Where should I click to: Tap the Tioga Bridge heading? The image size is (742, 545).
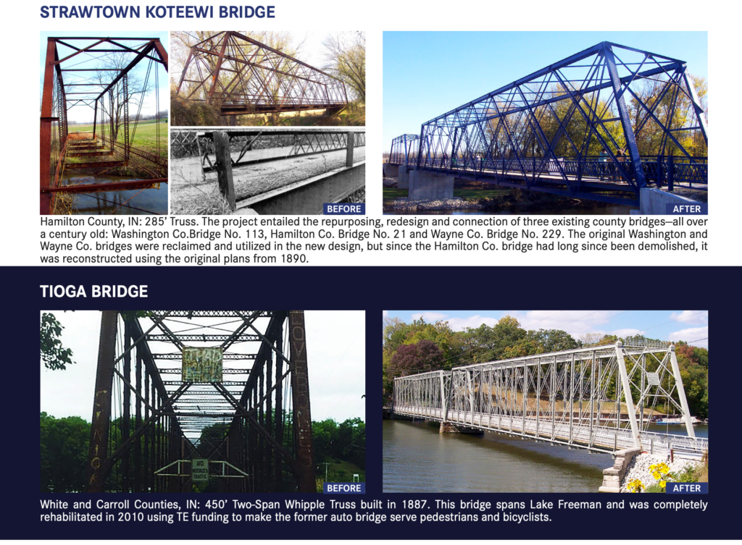click(x=94, y=292)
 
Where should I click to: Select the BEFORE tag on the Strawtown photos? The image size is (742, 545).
click(x=343, y=208)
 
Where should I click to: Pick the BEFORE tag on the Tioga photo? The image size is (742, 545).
click(x=343, y=488)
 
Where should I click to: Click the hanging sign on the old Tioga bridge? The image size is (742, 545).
click(x=202, y=364)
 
